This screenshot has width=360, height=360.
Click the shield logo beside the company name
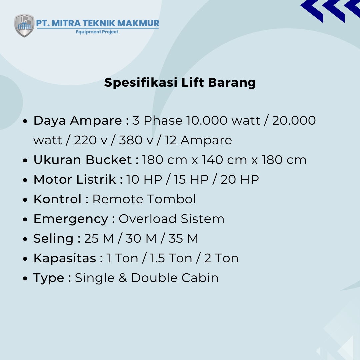pyautogui.click(x=24, y=25)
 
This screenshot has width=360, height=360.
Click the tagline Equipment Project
pyautogui.click(x=97, y=32)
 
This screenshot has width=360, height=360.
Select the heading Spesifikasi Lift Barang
pyautogui.click(x=180, y=82)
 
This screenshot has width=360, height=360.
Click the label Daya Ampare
pyautogui.click(x=78, y=121)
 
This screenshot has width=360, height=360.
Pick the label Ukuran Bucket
pyautogui.click(x=83, y=160)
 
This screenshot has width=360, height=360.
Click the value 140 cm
pyautogui.click(x=224, y=160)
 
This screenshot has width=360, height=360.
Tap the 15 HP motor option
pyautogui.click(x=191, y=180)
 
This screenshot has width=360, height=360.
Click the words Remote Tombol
pyautogui.click(x=144, y=199)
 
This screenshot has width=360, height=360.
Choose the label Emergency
pyautogui.click(x=71, y=219)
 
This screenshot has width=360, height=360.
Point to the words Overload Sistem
pyautogui.click(x=171, y=219)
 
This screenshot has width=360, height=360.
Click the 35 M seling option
pyautogui.click(x=183, y=239)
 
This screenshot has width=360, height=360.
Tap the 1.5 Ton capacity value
pyautogui.click(x=171, y=258)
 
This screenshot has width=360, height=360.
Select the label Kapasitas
pyautogui.click(x=65, y=258)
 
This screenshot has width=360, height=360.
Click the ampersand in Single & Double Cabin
pyautogui.click(x=123, y=278)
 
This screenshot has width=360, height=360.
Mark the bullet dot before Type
pyautogui.click(x=25, y=278)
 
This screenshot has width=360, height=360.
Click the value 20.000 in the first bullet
pyautogui.click(x=294, y=121)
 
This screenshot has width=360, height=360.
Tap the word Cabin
pyautogui.click(x=200, y=278)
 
